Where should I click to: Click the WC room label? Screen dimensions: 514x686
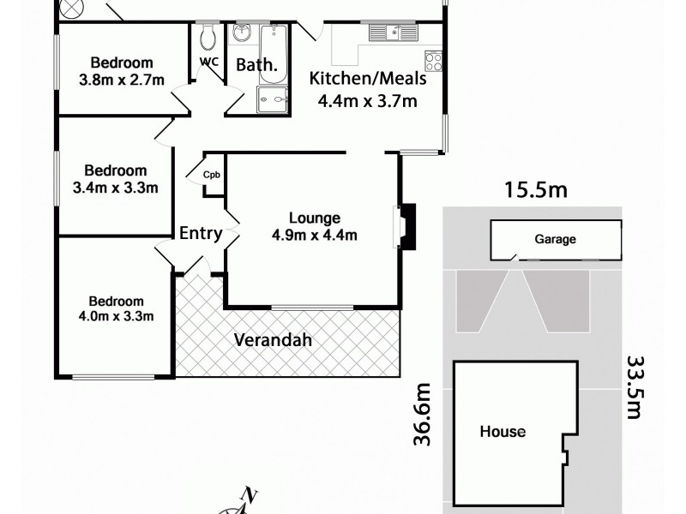point(208,62)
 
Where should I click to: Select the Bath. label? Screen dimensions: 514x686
point(256,64)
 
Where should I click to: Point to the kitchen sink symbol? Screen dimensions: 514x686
point(394,33)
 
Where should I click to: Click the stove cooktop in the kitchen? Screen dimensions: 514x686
point(434,61)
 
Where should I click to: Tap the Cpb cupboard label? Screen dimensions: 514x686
point(211,175)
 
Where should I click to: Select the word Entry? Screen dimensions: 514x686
point(201,233)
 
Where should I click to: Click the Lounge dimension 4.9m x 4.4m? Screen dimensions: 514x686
point(315,236)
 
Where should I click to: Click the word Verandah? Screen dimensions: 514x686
point(273,340)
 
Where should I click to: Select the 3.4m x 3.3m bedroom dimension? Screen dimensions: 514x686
point(118,188)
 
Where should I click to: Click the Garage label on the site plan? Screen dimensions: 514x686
point(555,240)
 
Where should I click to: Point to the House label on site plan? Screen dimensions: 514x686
point(502,432)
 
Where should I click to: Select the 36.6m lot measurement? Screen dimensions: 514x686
point(422,415)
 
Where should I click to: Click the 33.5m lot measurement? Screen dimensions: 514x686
point(635,387)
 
